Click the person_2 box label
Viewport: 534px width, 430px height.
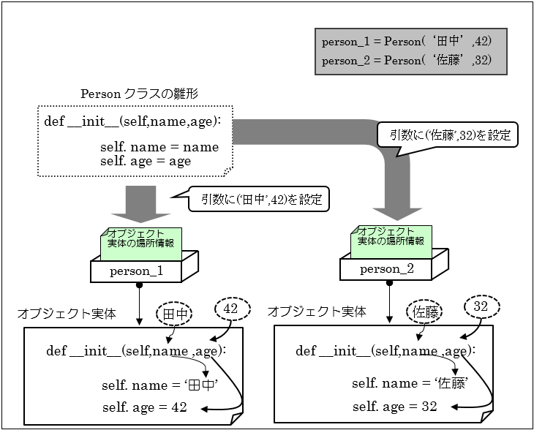(386, 268)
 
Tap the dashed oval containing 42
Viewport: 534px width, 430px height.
(230, 309)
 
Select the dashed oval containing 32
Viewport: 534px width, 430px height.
(481, 307)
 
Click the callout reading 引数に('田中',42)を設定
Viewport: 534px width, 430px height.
(256, 200)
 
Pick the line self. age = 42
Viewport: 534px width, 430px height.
(144, 407)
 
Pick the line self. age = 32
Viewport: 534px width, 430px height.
(394, 406)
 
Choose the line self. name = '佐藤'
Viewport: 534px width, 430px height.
(409, 383)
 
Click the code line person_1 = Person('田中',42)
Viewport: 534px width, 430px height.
(411, 41)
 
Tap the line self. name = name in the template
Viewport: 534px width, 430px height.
(159, 147)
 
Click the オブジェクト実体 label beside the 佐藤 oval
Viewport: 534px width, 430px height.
(317, 312)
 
